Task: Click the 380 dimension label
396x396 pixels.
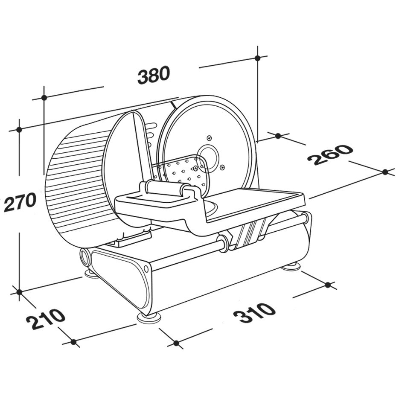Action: tap(154, 75)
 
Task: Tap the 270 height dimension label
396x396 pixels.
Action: tap(20, 202)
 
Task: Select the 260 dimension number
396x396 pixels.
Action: tap(329, 154)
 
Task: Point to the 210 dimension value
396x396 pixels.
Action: tap(46, 319)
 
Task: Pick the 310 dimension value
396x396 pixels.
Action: tap(254, 312)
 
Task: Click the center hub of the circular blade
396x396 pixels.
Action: tap(207, 157)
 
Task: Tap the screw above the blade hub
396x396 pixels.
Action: tap(209, 138)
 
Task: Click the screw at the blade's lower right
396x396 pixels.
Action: tap(222, 167)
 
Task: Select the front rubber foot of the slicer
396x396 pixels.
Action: tap(149, 318)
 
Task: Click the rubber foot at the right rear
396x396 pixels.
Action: tap(291, 266)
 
